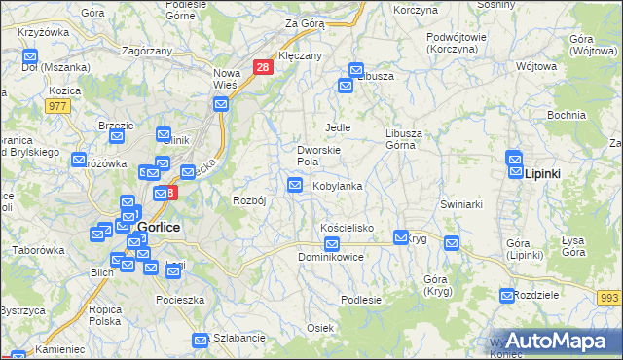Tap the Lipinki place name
[x=542, y=173]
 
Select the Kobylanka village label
[x=337, y=186]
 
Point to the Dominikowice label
[x=331, y=258]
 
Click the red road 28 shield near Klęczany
[x=262, y=67]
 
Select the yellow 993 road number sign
[x=610, y=297]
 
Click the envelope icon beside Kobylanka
[x=295, y=185]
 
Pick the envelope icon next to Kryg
[x=400, y=236]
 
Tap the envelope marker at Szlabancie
[x=200, y=340]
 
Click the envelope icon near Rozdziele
[x=507, y=295]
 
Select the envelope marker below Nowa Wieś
[x=222, y=101]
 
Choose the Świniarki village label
[x=461, y=204]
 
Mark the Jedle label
[x=337, y=127]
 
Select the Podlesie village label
[x=361, y=300]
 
